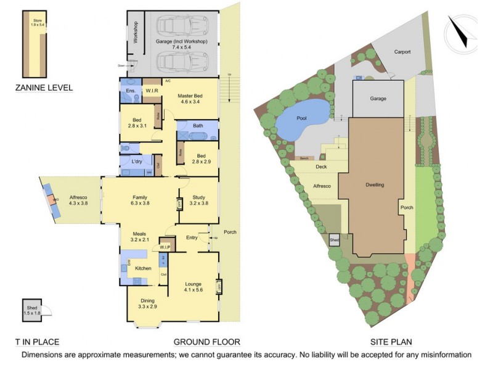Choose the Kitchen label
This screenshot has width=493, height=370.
(x=143, y=269)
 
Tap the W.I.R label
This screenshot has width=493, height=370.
(x=152, y=91)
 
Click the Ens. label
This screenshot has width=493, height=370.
(x=130, y=91)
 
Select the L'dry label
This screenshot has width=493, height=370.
(x=137, y=162)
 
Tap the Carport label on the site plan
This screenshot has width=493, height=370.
(x=402, y=52)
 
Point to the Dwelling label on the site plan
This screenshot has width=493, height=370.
(x=374, y=184)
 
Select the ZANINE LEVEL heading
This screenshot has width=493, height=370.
(x=44, y=88)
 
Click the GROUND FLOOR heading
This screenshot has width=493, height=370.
(x=206, y=342)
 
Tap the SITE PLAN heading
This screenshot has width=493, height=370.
(x=391, y=342)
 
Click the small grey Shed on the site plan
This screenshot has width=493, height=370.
(x=335, y=240)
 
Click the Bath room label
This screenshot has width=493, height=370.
(x=198, y=126)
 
